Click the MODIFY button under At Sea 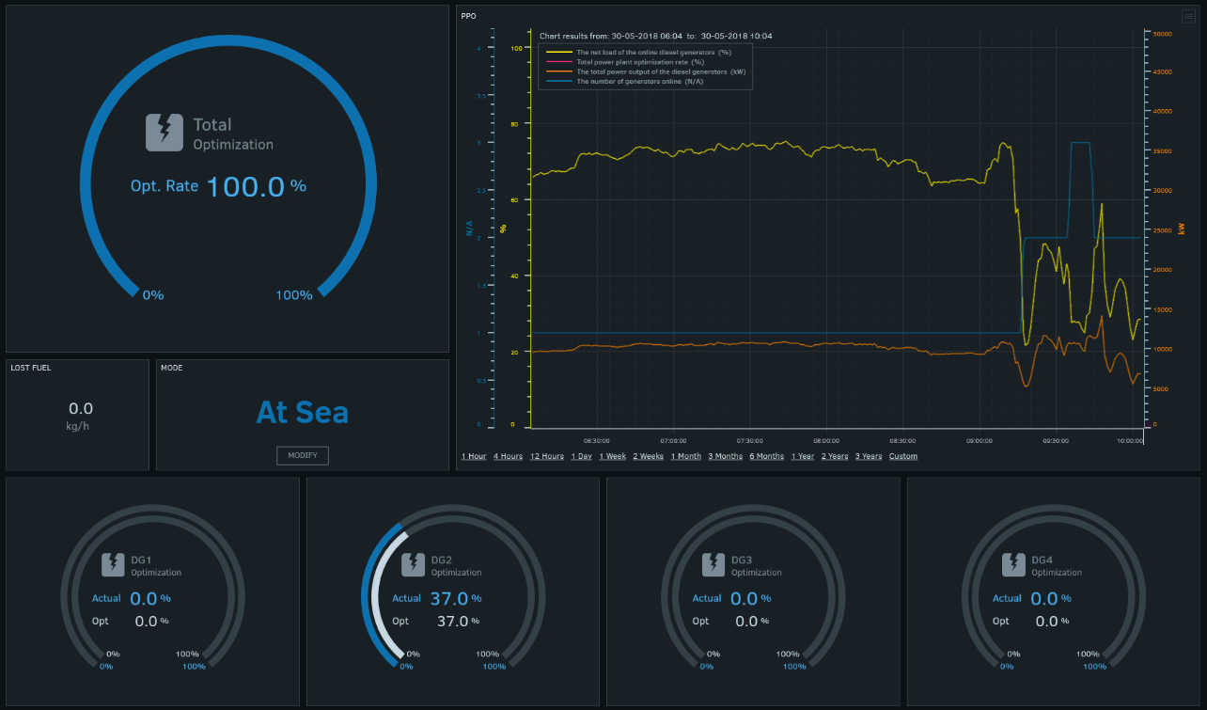click(x=303, y=455)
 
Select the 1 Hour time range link click(x=474, y=456)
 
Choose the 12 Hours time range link click(x=547, y=456)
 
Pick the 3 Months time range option click(x=725, y=456)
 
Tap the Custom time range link click(x=902, y=456)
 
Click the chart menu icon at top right click(x=1188, y=16)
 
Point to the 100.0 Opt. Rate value click(x=244, y=186)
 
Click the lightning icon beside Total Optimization click(x=165, y=133)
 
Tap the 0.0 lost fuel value click(x=81, y=409)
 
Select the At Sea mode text click(x=302, y=412)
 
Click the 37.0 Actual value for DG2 click(x=448, y=598)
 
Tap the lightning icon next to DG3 click(x=713, y=564)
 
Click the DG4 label click(x=1042, y=560)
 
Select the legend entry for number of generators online click(x=639, y=82)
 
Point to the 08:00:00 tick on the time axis click(x=826, y=440)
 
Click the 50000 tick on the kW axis click(x=1162, y=34)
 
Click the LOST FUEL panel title click(x=31, y=368)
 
